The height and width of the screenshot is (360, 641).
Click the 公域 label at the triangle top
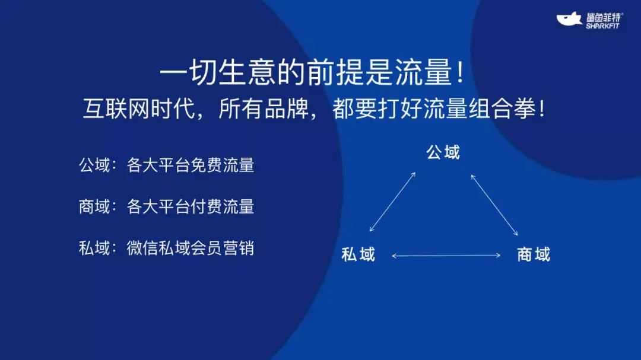(x=443, y=152)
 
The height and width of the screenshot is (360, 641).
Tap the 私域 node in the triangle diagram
(x=358, y=254)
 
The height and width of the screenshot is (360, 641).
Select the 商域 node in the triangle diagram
(x=533, y=254)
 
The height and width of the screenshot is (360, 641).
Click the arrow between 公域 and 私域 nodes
(x=393, y=202)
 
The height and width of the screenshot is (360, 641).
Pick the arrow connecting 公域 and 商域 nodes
(x=494, y=205)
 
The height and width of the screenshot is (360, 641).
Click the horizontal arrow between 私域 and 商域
(x=446, y=256)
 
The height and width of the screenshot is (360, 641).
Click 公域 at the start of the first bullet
(x=94, y=165)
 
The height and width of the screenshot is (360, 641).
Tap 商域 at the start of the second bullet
(x=94, y=206)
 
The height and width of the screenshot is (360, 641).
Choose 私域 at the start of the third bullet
(x=94, y=247)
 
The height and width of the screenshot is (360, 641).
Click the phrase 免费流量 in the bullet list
(x=222, y=165)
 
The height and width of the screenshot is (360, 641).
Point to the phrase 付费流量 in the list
(x=222, y=206)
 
